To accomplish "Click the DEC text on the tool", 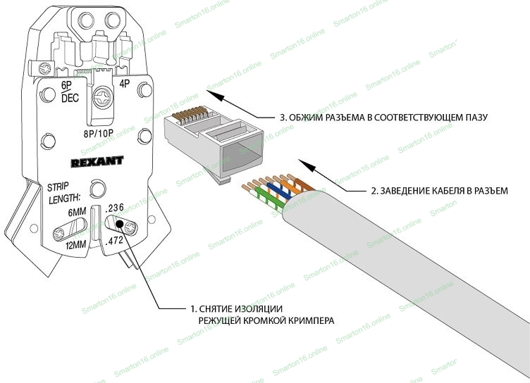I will pos(70,99).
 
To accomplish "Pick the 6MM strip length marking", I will pos(78,213).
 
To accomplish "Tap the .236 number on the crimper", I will pos(114,209).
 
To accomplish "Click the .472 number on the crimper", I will pos(114,241).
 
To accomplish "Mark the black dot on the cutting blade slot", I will pos(121,225).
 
